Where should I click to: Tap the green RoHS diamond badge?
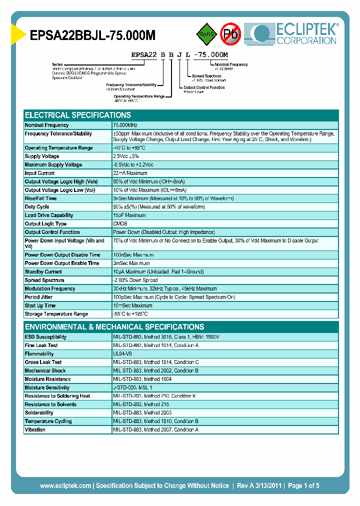[205, 34]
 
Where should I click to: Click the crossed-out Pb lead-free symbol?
[231, 34]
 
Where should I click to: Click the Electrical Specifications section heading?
[78, 115]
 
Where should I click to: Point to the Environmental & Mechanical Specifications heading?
[114, 326]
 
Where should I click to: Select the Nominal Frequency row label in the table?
[47, 125]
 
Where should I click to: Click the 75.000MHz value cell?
[125, 125]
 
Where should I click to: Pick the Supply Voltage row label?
[42, 156]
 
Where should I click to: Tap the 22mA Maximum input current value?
[130, 173]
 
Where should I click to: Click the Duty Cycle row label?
[37, 207]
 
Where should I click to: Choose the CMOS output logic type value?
[120, 224]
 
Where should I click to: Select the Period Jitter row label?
[39, 297]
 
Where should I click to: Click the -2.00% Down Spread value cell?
[135, 280]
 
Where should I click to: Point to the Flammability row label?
[39, 354]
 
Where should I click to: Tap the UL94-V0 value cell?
[122, 354]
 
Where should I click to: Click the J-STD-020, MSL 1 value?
[132, 387]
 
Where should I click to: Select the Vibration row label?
[35, 430]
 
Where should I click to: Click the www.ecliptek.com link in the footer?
[65, 485]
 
